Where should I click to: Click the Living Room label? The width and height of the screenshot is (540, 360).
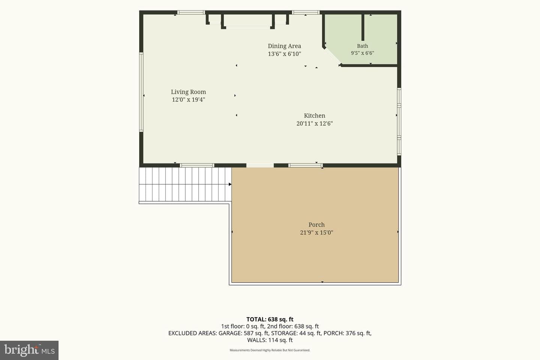pos(188,92)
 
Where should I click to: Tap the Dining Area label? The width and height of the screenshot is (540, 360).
pos(285,46)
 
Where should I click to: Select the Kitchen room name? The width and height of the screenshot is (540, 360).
pos(314,115)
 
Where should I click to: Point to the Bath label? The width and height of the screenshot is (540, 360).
pos(362,46)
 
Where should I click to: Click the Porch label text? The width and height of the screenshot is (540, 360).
pos(316,225)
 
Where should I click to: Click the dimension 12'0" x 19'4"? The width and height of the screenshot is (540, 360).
pos(188,100)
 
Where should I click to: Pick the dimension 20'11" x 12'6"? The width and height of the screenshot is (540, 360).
pos(314,123)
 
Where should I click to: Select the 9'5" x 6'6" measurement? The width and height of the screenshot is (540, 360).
pos(362,53)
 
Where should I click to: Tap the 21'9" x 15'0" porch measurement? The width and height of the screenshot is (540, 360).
pos(316,232)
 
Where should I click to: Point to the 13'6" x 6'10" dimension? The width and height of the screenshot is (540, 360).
pos(285,54)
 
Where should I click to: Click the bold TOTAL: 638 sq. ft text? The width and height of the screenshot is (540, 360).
pos(270,319)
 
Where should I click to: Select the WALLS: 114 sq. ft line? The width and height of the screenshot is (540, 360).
pos(270,340)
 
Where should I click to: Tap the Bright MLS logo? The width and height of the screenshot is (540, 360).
pos(29,350)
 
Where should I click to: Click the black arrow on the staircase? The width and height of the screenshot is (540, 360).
pos(230,184)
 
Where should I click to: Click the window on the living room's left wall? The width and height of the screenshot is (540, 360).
pos(141,92)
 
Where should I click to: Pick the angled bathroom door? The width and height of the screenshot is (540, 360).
pos(332,56)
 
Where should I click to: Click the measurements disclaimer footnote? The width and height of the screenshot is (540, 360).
pos(270,350)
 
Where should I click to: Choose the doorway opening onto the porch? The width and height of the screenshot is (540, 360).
pos(260,165)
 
